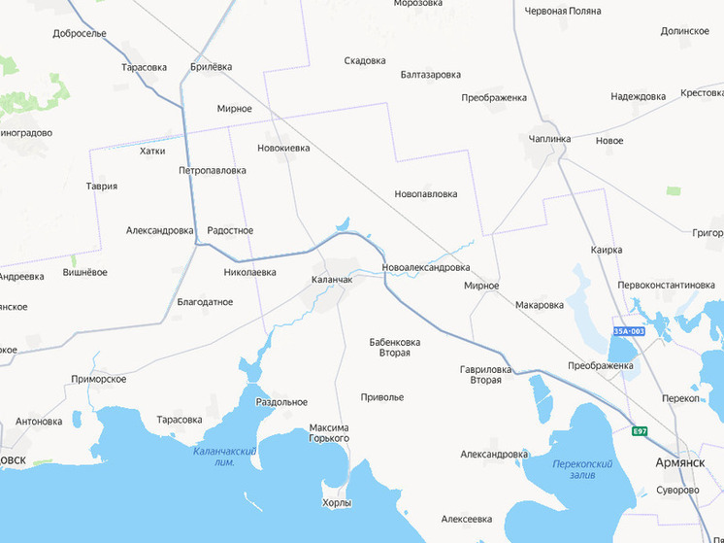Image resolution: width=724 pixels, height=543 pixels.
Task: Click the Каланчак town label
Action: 331,280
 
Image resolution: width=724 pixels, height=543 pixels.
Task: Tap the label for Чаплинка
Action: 550,139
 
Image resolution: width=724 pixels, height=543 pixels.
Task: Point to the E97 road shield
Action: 639,431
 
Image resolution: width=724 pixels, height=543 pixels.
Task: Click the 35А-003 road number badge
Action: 628,331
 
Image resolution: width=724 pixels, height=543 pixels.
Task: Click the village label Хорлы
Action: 337,503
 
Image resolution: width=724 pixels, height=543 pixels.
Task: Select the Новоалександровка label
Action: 426,267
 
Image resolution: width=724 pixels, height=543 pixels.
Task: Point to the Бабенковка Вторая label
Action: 394,347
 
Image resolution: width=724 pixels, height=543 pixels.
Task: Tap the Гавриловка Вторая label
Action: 485,374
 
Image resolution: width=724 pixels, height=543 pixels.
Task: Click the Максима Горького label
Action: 328,433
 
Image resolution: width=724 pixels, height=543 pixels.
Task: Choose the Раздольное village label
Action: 281,402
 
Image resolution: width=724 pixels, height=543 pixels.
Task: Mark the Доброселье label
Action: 80,33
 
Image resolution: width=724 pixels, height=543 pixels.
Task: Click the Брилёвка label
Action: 212,66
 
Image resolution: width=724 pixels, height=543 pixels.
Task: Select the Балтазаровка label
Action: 430,74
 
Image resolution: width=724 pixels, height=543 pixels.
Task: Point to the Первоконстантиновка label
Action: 673,285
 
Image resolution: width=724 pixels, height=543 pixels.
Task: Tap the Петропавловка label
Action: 213,170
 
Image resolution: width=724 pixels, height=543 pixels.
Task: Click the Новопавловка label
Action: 425,194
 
